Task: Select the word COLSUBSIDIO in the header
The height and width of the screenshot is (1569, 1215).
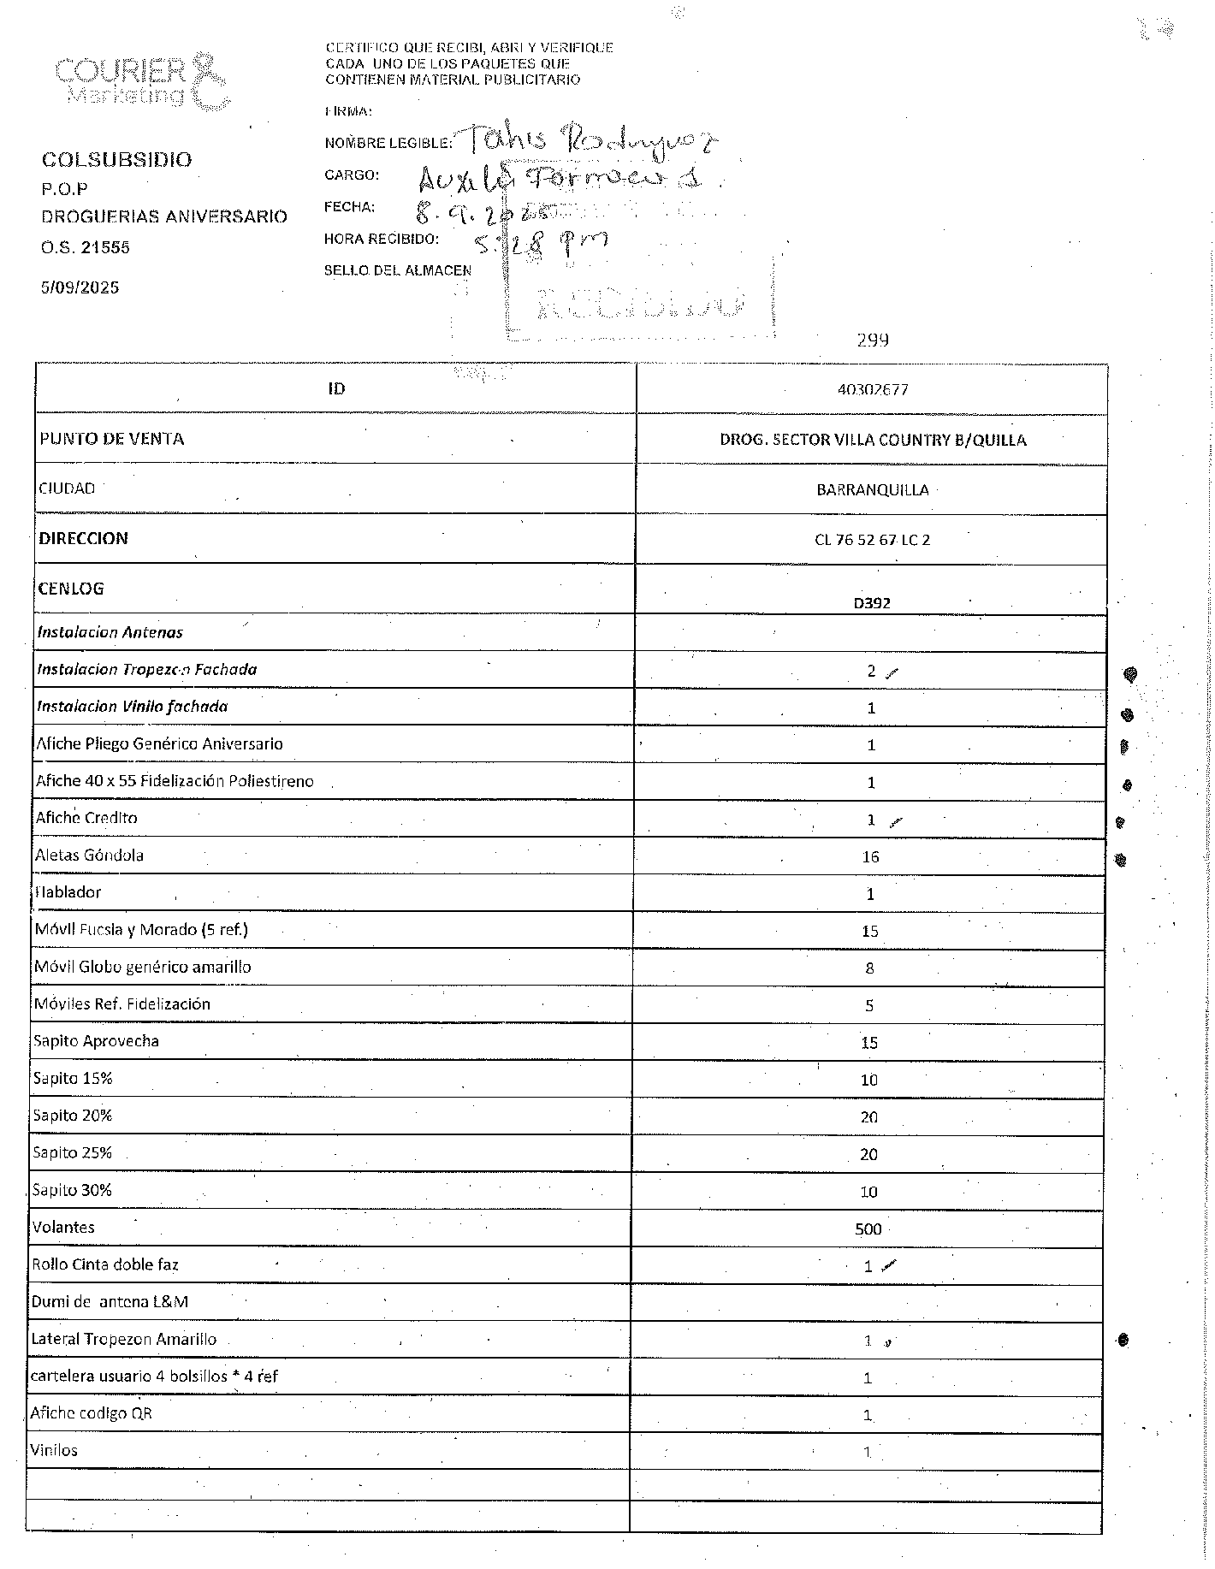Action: (x=116, y=160)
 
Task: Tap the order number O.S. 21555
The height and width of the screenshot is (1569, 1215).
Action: (x=86, y=248)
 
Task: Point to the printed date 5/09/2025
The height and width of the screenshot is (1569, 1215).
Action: (x=80, y=287)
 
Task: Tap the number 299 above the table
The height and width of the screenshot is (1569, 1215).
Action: (x=873, y=340)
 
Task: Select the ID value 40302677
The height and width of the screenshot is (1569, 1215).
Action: (x=873, y=390)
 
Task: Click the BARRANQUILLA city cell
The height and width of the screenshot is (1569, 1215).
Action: (x=872, y=490)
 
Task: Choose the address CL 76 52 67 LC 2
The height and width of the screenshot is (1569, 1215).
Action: (x=872, y=540)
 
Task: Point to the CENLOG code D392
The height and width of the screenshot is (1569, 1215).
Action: (x=872, y=602)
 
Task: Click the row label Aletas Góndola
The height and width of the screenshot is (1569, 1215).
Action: (x=89, y=856)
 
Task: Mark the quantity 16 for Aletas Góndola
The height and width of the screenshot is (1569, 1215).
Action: (x=870, y=857)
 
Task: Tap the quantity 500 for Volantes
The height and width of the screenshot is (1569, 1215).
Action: (x=868, y=1229)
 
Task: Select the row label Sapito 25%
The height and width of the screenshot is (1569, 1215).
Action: (x=73, y=1153)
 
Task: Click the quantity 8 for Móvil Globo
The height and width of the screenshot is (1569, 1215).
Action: (x=869, y=968)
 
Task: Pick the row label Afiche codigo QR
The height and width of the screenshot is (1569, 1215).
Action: (x=91, y=1413)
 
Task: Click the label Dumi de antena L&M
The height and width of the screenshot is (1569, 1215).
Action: (x=110, y=1302)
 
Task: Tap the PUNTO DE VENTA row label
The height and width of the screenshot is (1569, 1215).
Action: (x=111, y=439)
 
